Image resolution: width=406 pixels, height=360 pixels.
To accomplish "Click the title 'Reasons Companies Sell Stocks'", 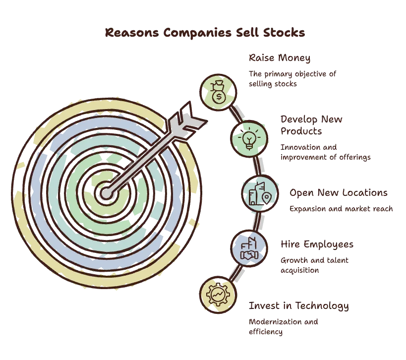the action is point(205,33).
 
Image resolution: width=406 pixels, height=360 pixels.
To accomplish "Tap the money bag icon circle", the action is point(218,92).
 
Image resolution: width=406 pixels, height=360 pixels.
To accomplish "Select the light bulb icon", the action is point(249,138).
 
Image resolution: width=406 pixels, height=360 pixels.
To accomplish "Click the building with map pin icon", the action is point(260,194).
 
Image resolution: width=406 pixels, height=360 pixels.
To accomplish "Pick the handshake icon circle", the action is point(249,248).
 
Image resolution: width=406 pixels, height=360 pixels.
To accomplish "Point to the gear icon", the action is point(218,295).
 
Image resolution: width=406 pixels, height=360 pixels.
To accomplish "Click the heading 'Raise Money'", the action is point(280,58).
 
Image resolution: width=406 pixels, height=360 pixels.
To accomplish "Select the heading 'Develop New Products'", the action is point(311,125).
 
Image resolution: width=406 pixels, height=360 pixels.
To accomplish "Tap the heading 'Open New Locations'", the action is point(339,193).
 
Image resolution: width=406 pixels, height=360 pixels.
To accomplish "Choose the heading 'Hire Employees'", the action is point(317,244).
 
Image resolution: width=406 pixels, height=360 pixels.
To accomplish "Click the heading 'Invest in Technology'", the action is point(299,306).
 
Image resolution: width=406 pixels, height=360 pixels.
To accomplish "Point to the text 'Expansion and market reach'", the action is point(341,209).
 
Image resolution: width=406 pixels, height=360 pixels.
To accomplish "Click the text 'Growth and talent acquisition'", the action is point(314,265).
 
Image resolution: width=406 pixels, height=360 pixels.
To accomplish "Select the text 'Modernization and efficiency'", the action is point(283,327).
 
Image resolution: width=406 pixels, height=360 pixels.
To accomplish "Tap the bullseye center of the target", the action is point(107,193).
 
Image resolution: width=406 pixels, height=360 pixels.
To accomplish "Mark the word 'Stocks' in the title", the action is point(284,33).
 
